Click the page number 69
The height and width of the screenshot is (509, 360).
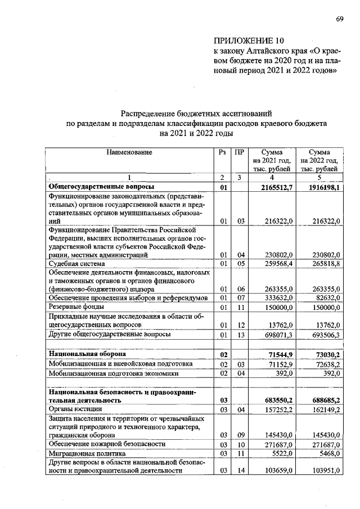click(x=339, y=19)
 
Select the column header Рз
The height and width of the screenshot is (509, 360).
click(x=223, y=152)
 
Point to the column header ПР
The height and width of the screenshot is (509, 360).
click(x=239, y=152)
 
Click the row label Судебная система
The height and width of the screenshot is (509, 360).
click(x=76, y=263)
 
